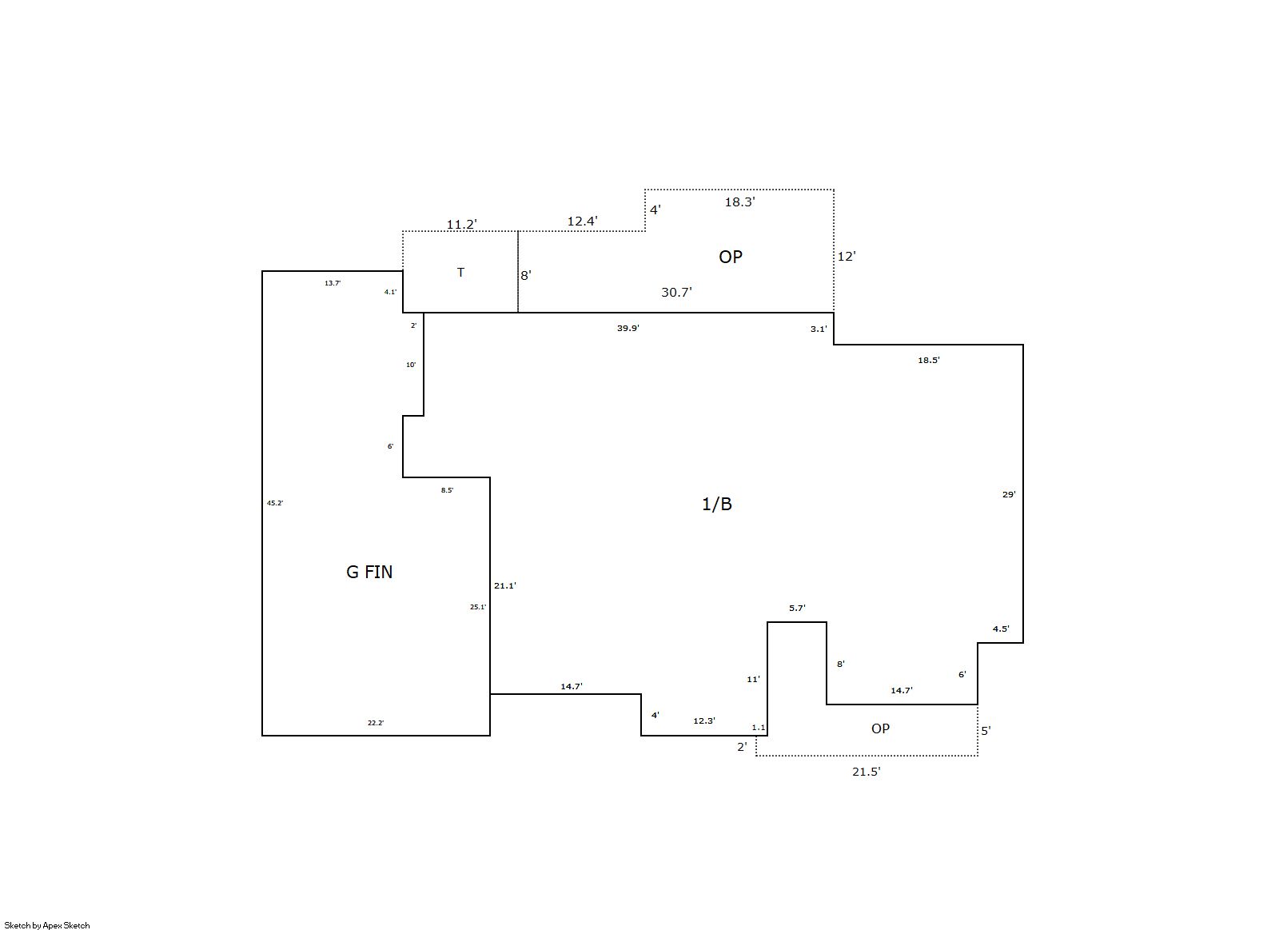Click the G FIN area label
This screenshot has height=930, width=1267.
369,572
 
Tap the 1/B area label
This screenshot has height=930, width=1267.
717,504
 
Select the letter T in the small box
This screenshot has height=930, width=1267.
460,273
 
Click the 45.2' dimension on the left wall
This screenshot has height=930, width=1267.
275,503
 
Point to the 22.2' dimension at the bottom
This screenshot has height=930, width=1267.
376,723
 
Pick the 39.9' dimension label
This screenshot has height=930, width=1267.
628,328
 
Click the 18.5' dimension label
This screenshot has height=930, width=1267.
928,360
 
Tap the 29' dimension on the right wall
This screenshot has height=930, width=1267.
1009,494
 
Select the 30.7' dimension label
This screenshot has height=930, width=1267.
676,293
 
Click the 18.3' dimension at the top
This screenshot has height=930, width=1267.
740,202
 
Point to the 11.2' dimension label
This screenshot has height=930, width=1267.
461,225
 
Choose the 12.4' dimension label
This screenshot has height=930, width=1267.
582,222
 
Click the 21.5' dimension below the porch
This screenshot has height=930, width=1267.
866,772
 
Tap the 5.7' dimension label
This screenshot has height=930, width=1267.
797,608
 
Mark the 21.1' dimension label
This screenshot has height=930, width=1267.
504,585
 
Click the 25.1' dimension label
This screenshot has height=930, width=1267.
478,607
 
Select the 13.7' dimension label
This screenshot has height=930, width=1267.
333,283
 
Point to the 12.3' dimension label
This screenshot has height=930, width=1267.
704,720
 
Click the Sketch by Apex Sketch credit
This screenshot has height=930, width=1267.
47,925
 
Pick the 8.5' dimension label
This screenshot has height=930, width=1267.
447,490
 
